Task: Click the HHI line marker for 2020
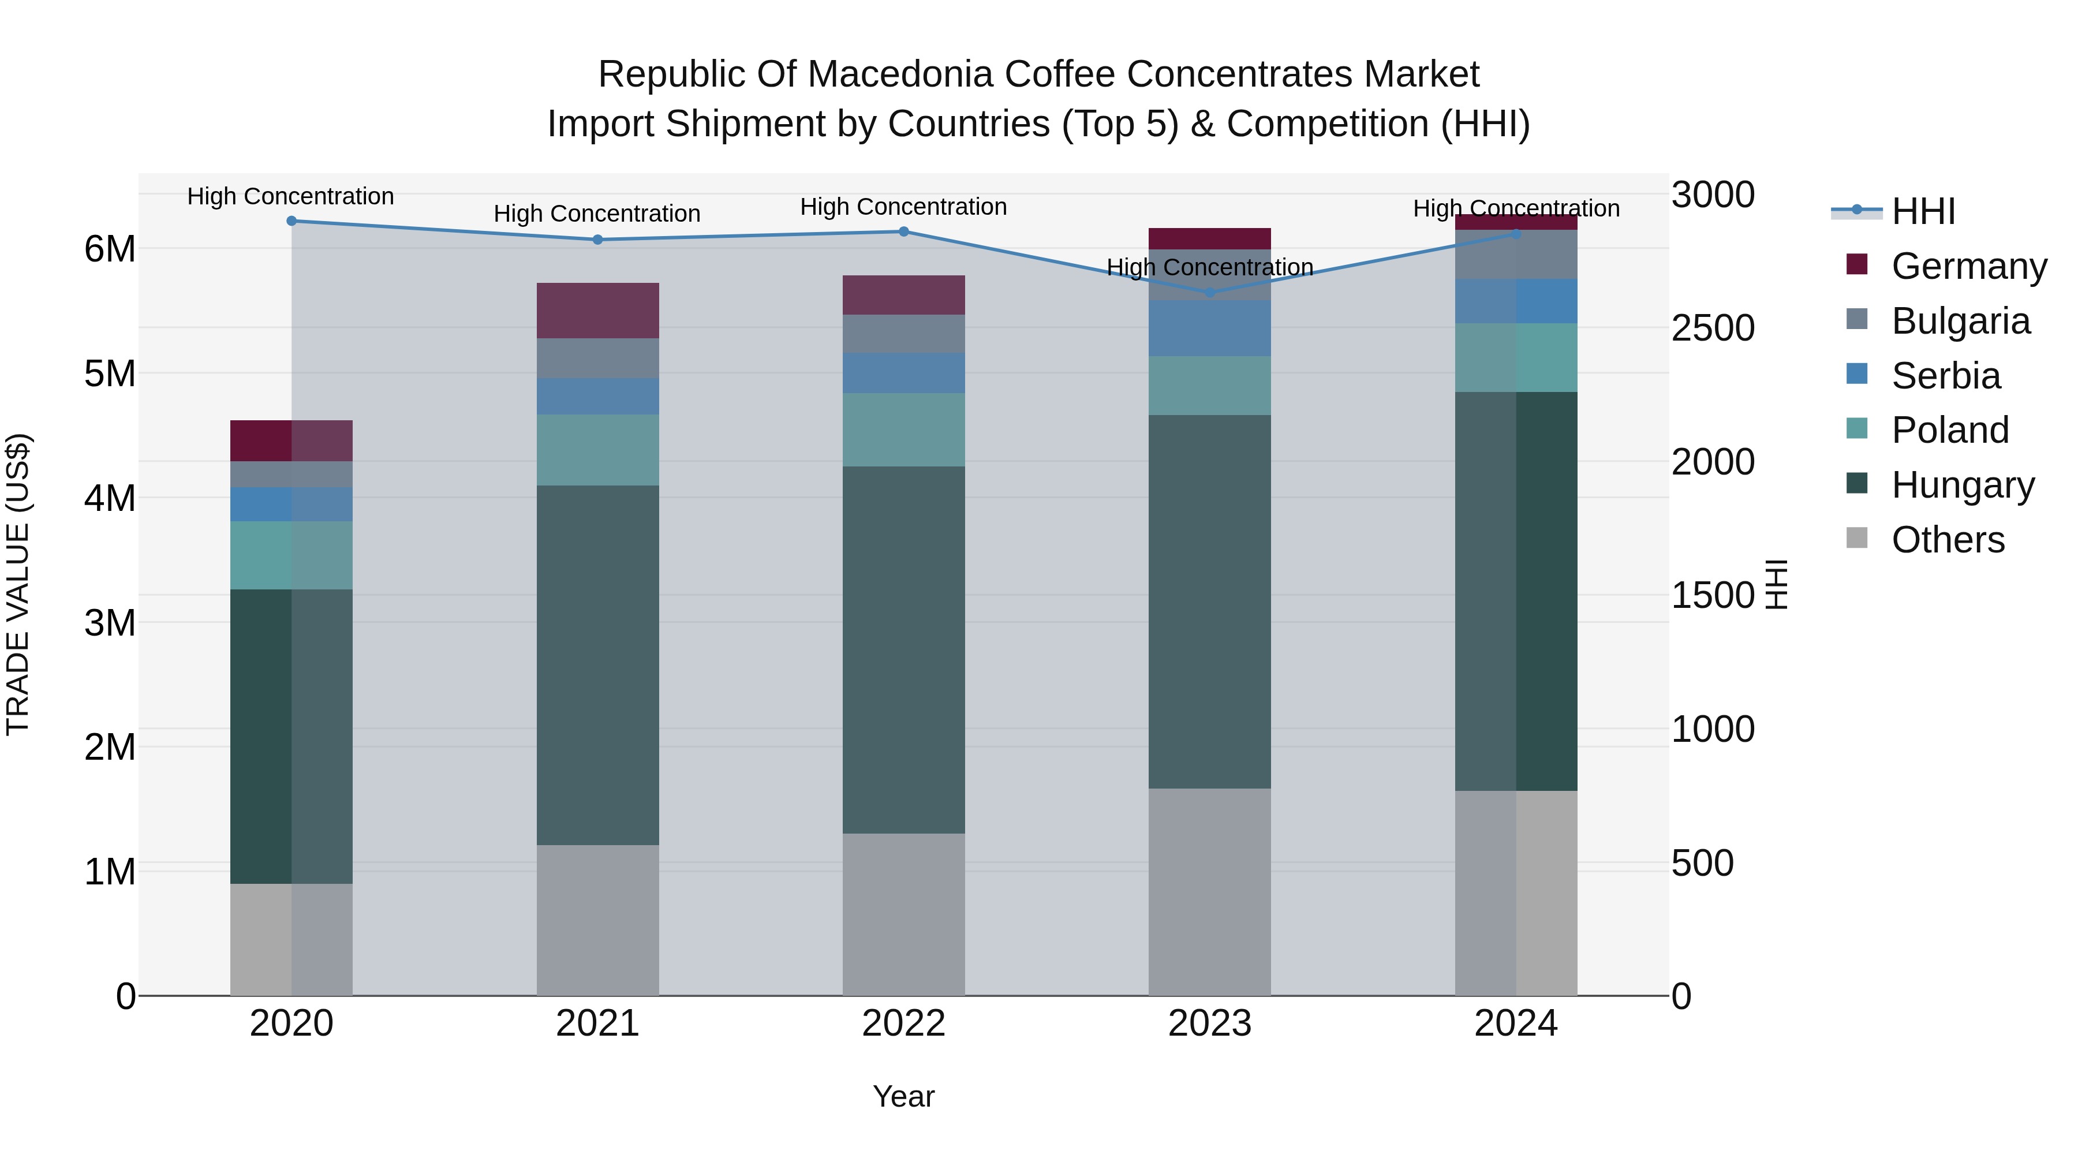291,221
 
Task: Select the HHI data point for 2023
1209,293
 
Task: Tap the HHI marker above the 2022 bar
903,231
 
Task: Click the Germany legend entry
1968,266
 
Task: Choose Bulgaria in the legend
1960,321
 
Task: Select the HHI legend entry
1923,211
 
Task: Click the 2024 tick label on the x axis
1516,1024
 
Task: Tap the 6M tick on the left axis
110,249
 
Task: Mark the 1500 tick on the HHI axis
1713,595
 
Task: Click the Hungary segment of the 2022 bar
903,649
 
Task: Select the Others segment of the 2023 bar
1209,891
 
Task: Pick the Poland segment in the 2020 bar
291,555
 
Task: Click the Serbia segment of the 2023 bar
1209,328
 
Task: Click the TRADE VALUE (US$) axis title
18,584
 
